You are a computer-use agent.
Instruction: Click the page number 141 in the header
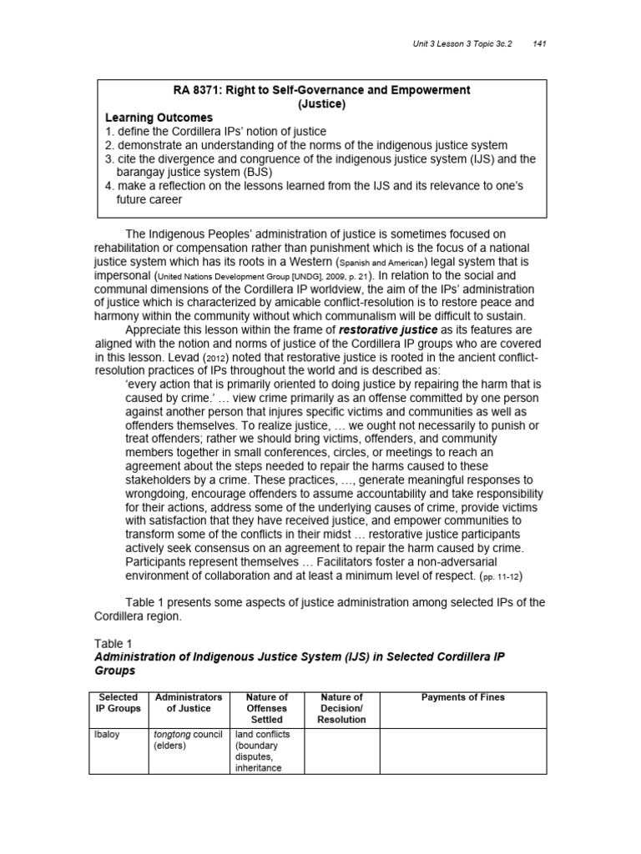(538, 43)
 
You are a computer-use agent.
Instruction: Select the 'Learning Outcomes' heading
(159, 118)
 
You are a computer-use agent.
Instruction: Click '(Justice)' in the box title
(321, 104)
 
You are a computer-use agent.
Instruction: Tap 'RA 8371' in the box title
(198, 90)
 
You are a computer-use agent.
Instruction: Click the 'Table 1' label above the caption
(109, 644)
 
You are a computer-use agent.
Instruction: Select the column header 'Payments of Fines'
(462, 697)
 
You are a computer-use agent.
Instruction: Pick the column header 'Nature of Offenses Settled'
(266, 708)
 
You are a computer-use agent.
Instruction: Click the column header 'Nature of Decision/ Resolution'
(341, 708)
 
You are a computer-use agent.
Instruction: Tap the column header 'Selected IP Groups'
(118, 703)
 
